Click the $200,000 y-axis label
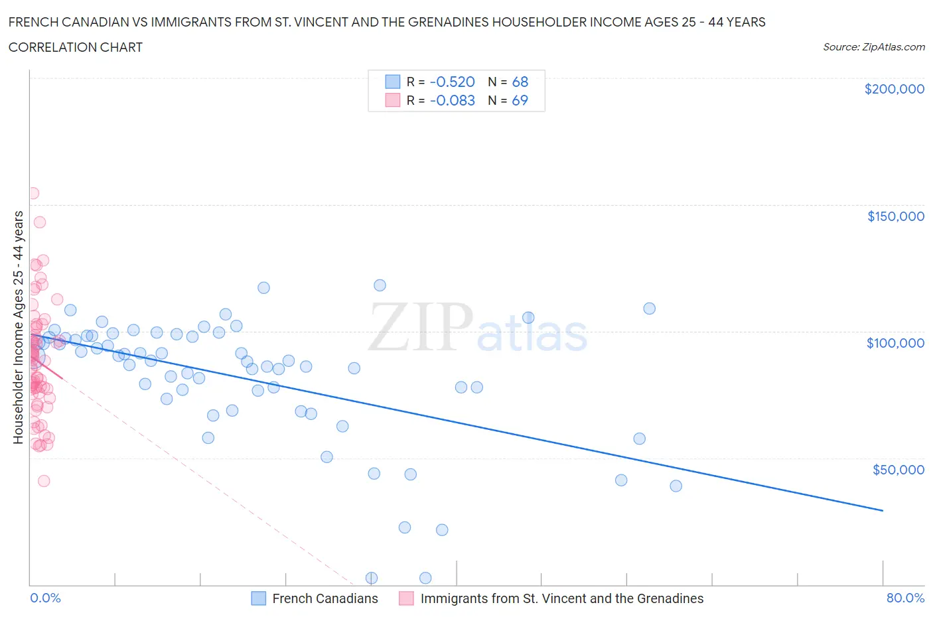(x=894, y=90)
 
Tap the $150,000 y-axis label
(x=895, y=216)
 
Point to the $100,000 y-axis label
(x=895, y=343)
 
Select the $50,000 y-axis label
(x=898, y=470)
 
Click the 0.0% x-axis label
(x=45, y=598)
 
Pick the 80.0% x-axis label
(x=905, y=598)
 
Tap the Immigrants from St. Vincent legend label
(x=561, y=598)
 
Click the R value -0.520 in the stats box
(x=453, y=82)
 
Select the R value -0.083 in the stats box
(x=453, y=101)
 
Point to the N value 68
(x=520, y=82)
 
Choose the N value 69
(x=520, y=101)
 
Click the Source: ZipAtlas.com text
(x=873, y=47)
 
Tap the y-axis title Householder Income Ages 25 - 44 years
(x=19, y=327)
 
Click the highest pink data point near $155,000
(x=33, y=194)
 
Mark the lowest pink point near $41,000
(x=44, y=481)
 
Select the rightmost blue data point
(x=676, y=486)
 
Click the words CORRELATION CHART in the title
(x=76, y=48)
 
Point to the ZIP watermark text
(x=421, y=326)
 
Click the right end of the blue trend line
(x=883, y=510)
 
